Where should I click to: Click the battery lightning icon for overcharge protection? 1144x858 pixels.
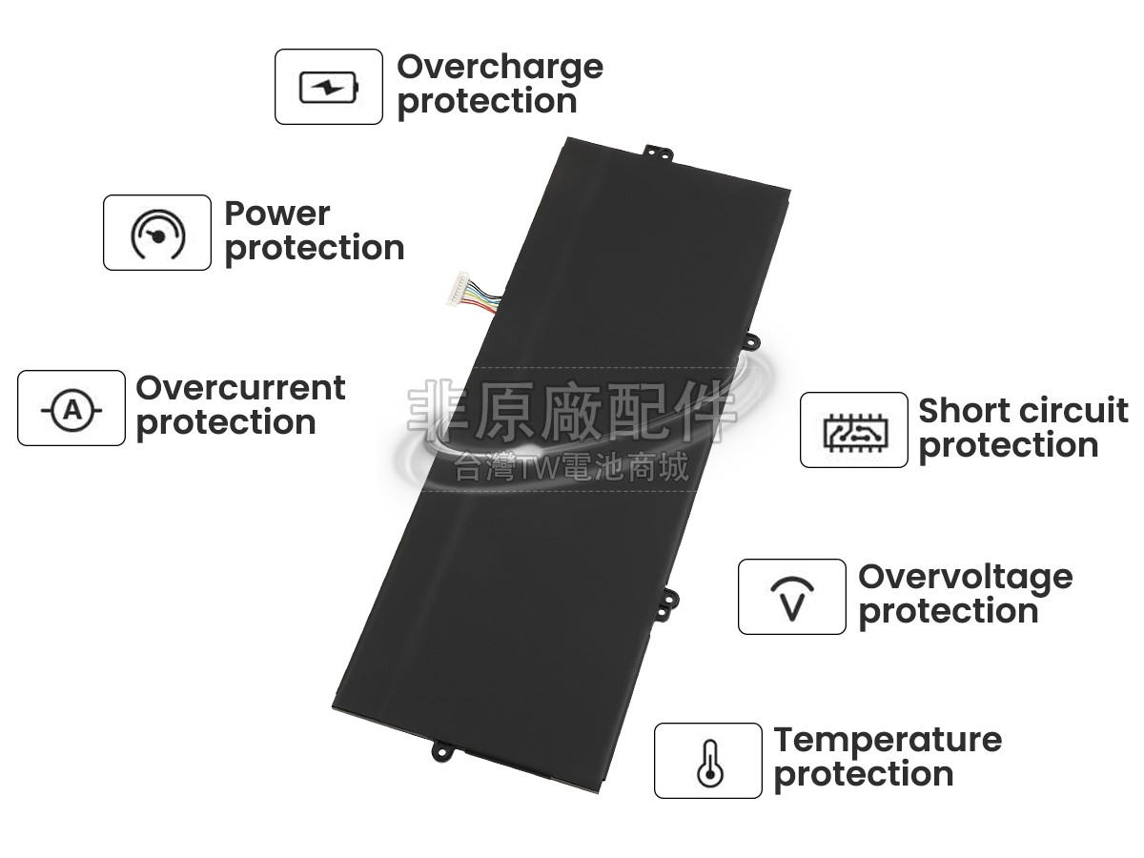(x=329, y=87)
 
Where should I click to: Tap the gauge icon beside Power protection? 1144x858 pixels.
(x=157, y=234)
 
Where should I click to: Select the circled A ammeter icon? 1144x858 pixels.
(x=71, y=411)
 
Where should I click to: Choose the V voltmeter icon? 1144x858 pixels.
(x=792, y=599)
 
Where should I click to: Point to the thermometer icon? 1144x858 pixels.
(x=709, y=763)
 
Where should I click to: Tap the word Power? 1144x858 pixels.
(x=277, y=214)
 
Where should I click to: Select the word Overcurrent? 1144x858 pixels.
(x=240, y=388)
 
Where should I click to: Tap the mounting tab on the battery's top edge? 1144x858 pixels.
(x=658, y=153)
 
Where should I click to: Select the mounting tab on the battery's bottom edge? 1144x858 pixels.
(x=444, y=752)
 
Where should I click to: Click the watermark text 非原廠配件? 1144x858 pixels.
(x=572, y=412)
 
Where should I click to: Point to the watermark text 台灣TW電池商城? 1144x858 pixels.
(x=571, y=466)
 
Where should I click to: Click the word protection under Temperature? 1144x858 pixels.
(x=864, y=776)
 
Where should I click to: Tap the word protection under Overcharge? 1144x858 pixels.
(x=487, y=103)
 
